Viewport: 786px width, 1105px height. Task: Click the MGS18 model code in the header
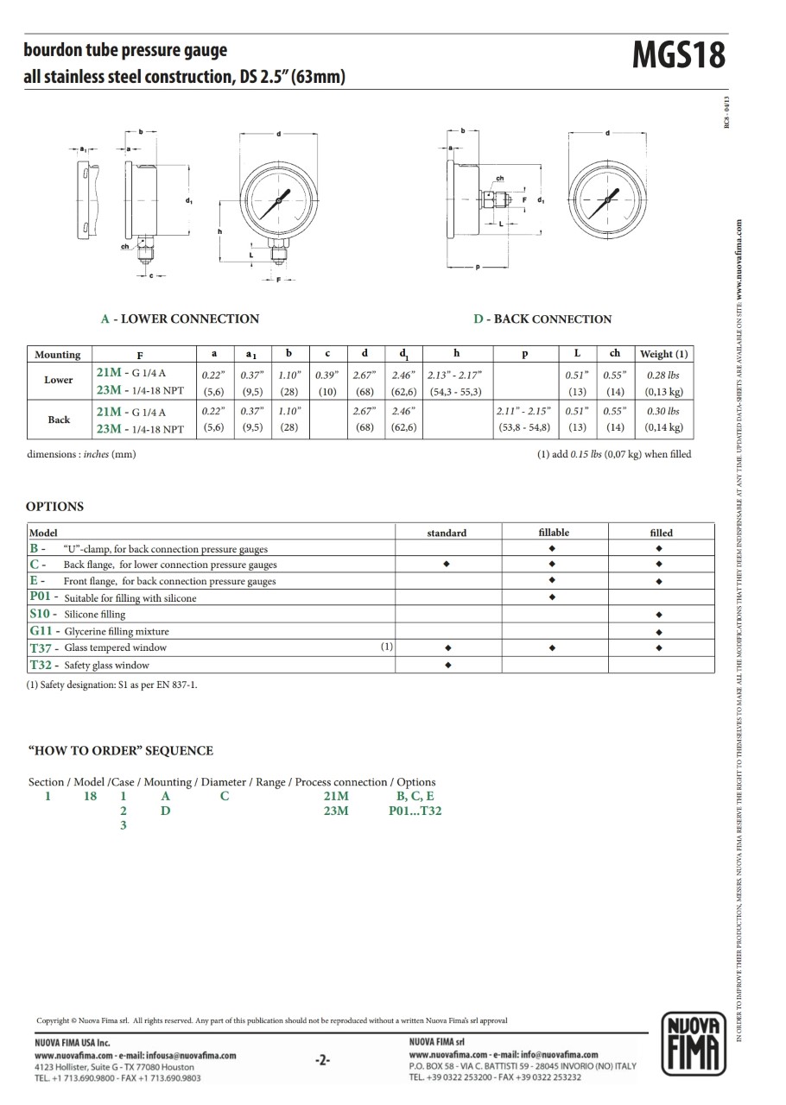tap(679, 56)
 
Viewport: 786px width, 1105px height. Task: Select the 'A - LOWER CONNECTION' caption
tap(180, 319)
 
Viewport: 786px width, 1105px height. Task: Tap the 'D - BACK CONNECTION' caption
tap(542, 319)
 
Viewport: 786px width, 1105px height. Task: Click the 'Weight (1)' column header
tap(663, 354)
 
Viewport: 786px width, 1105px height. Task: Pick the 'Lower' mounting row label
tap(59, 380)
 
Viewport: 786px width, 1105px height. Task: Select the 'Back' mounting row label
tap(59, 420)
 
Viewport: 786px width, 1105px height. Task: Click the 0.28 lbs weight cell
tap(663, 375)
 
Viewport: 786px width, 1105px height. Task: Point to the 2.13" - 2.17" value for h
tap(455, 375)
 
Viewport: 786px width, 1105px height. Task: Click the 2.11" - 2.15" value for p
tap(523, 411)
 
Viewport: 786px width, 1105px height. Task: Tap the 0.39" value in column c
tap(327, 375)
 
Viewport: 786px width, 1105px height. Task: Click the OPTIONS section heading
tap(54, 507)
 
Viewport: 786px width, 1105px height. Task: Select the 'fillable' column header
tap(554, 533)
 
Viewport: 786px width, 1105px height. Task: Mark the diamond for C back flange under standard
tap(447, 565)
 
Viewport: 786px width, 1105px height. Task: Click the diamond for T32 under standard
tap(447, 665)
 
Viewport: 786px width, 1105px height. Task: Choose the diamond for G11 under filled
tap(659, 631)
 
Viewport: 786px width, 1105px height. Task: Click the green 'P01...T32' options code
tap(415, 811)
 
